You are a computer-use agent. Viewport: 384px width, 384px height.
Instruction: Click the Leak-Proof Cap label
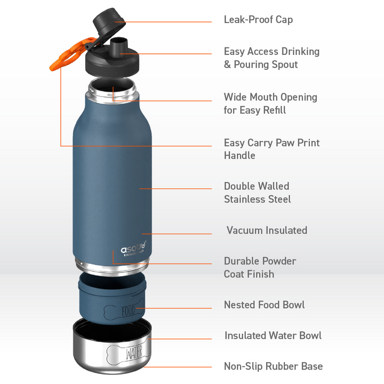point(258,20)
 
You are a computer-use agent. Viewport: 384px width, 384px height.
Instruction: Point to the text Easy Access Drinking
point(271,52)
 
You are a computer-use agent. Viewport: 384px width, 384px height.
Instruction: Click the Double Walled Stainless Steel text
point(257,193)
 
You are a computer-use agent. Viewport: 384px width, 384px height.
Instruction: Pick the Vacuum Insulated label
point(267,230)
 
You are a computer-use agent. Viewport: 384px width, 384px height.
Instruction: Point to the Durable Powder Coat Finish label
point(260,267)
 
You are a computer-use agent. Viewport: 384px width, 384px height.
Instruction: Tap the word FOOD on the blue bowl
point(128,311)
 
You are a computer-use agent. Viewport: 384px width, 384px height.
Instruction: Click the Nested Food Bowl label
point(264,305)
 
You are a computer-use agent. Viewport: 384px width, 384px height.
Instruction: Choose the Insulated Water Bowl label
point(273,335)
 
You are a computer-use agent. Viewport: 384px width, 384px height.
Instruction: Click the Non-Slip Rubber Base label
point(273,366)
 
